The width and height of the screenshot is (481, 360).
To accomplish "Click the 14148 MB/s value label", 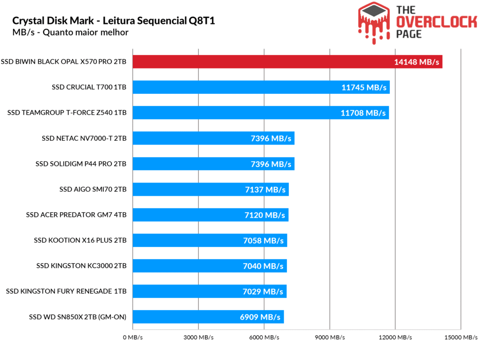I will click(417, 62).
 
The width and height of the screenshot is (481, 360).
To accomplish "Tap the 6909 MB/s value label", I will click(259, 317).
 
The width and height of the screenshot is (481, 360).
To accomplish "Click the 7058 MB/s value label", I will click(263, 241).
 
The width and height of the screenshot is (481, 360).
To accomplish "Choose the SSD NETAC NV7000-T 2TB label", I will click(84, 138).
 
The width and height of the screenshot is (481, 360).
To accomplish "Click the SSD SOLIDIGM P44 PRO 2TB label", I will click(81, 164).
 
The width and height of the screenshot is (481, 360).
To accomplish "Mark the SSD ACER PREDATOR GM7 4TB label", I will click(77, 215).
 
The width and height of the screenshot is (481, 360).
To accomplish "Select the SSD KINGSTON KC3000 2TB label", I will click(81, 266).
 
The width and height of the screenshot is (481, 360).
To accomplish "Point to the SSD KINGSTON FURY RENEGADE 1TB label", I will click(66, 291).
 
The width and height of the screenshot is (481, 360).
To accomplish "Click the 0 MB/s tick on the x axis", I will click(133, 337).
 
